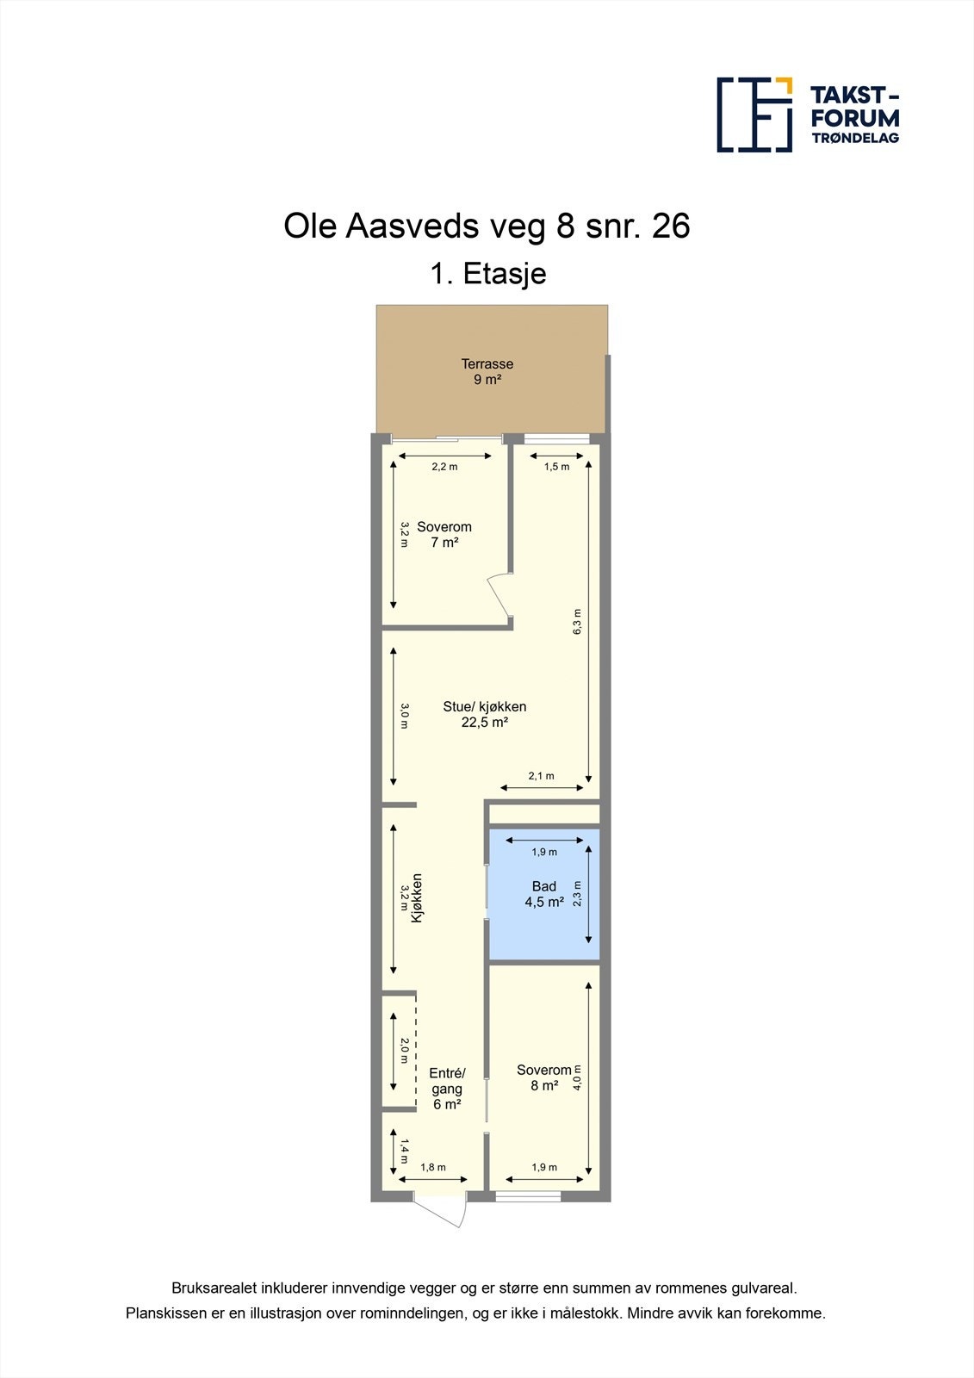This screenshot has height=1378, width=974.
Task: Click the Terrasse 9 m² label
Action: click(487, 371)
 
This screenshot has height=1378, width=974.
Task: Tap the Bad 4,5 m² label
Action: click(544, 894)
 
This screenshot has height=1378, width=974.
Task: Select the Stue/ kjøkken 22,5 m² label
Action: click(485, 714)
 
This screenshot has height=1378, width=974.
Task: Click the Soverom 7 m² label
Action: click(444, 534)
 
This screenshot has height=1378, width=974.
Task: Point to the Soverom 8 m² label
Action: click(543, 1077)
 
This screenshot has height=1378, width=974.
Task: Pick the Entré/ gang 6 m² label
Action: click(447, 1089)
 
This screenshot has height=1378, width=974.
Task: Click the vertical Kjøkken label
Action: click(417, 898)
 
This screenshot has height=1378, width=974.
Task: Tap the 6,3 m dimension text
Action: click(577, 622)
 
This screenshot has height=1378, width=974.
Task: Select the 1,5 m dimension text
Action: click(556, 467)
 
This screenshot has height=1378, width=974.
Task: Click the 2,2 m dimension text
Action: click(444, 467)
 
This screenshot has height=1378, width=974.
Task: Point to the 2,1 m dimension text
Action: click(541, 776)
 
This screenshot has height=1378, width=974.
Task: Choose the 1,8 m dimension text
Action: click(433, 1168)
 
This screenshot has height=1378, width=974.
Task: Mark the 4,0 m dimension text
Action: click(578, 1077)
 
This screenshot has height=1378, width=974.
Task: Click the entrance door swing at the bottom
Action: click(444, 1209)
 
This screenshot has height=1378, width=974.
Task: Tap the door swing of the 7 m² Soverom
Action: click(499, 596)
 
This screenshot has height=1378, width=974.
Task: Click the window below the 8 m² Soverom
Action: click(528, 1196)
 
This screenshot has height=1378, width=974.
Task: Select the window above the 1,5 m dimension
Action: click(556, 439)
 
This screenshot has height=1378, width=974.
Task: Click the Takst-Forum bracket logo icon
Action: click(754, 115)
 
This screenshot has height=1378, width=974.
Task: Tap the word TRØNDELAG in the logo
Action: click(855, 138)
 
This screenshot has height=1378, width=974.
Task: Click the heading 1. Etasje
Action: click(488, 274)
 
